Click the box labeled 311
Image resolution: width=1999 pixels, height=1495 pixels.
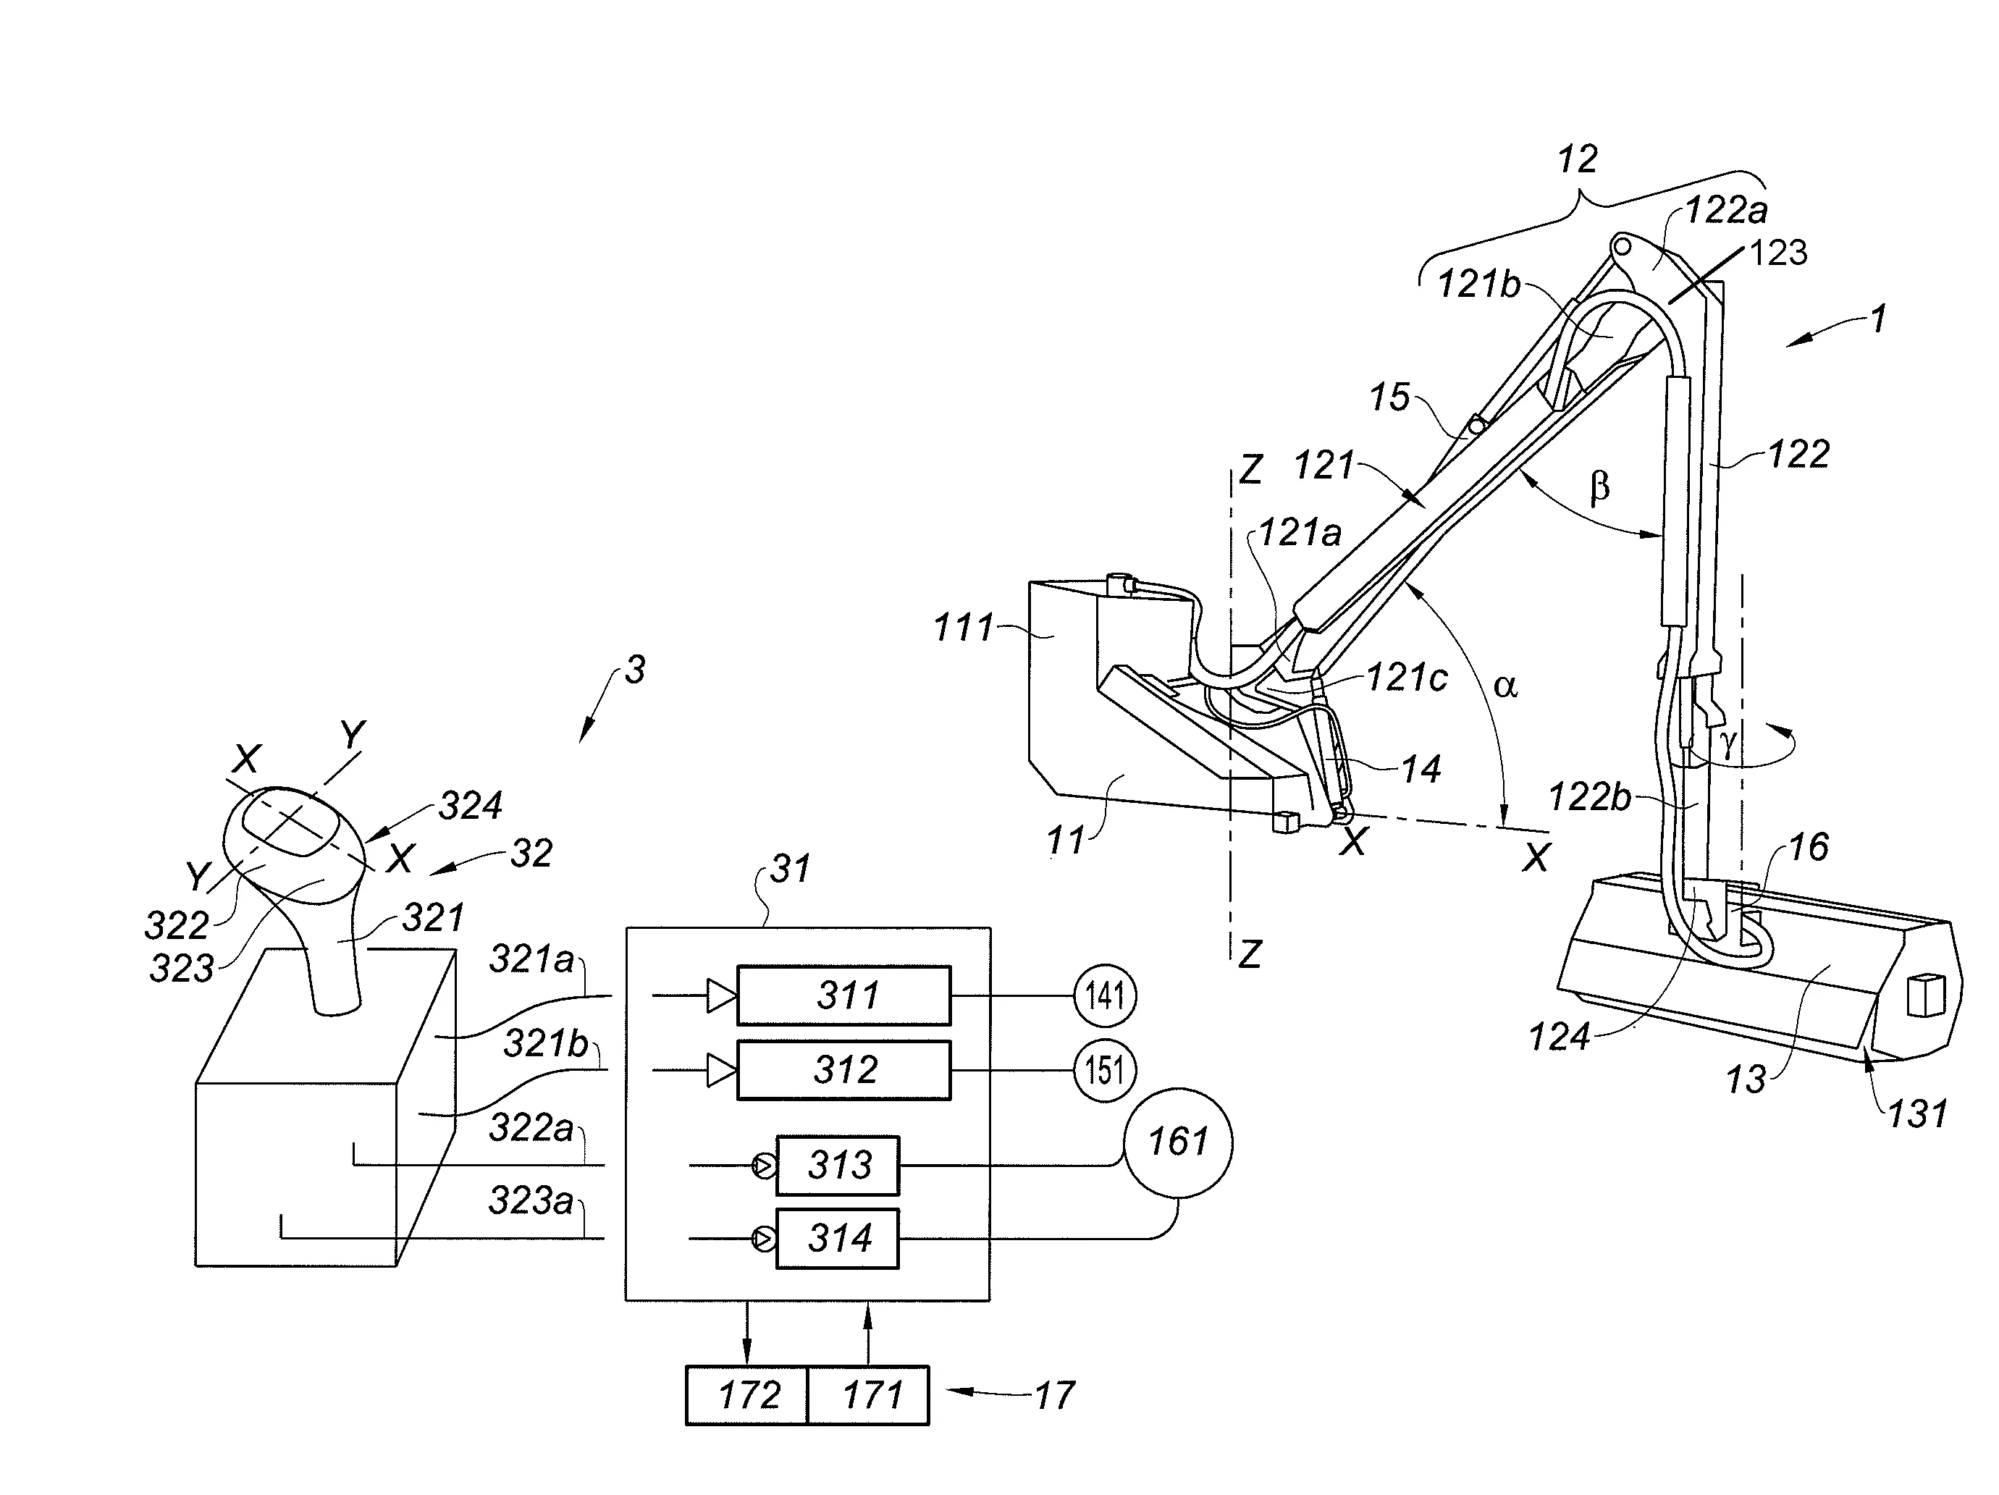[843, 996]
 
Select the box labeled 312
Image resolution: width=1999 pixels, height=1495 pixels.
[843, 1070]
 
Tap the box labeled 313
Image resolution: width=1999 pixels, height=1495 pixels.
[837, 1165]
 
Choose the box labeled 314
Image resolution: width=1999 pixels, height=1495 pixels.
[837, 1238]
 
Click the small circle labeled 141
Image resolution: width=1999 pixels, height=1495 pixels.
[1104, 996]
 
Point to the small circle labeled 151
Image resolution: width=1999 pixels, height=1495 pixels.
[1104, 1070]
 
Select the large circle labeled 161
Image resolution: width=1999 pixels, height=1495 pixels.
[1177, 1142]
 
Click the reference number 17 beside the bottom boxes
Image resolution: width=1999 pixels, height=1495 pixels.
[1053, 1396]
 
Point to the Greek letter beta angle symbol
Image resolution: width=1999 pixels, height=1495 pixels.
[1599, 488]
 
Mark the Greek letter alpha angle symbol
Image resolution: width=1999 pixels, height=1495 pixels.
[1505, 685]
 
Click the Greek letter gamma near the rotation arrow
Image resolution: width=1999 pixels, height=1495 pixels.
[1728, 743]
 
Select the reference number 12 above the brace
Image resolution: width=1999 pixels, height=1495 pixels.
[1577, 160]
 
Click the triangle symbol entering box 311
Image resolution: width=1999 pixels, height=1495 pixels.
[721, 996]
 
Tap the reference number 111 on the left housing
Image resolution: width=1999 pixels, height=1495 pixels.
[964, 627]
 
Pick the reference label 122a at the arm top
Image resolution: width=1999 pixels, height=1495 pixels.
[1726, 211]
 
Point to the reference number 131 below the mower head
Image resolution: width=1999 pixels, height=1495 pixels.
[1916, 1113]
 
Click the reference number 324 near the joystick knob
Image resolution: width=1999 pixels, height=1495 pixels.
[470, 804]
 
